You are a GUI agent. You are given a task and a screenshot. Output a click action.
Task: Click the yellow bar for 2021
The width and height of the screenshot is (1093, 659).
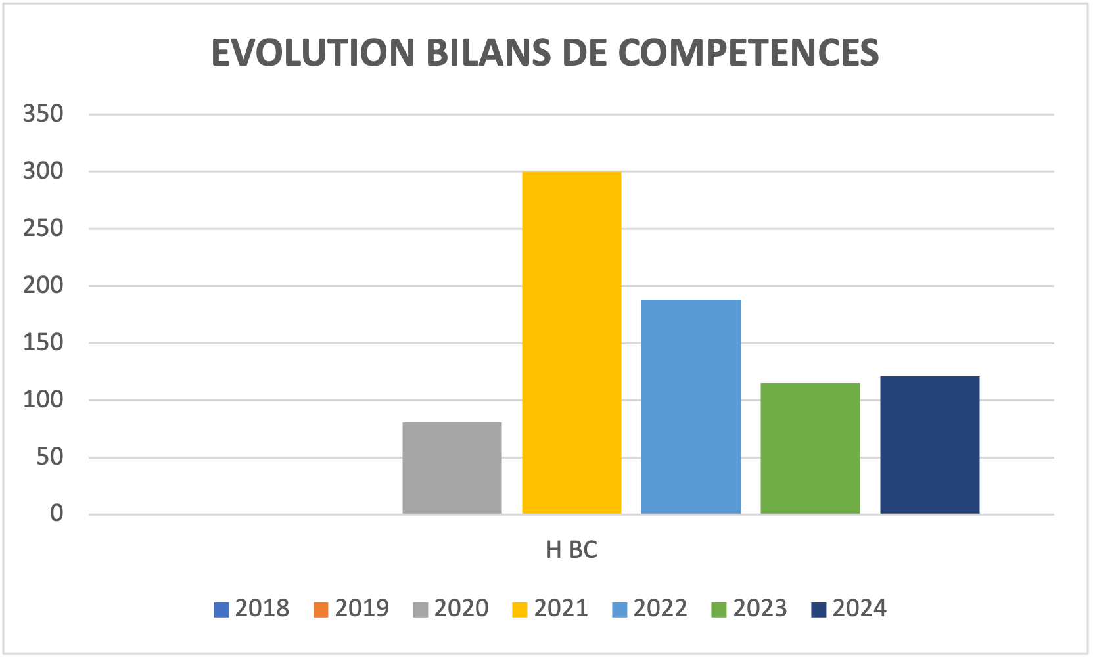tap(571, 342)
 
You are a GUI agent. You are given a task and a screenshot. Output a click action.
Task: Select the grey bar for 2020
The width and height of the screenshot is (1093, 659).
tap(452, 468)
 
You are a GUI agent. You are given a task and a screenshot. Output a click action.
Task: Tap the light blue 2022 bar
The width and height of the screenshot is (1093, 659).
tap(691, 406)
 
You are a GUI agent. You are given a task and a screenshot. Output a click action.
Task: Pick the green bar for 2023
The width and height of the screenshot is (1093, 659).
tap(810, 448)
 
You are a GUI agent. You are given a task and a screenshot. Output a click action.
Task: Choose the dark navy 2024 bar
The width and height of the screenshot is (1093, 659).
tap(929, 445)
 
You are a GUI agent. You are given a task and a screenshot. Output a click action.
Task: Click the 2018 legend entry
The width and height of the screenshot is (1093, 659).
tap(252, 608)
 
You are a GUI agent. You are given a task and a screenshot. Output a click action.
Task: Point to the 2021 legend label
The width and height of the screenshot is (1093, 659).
tap(561, 608)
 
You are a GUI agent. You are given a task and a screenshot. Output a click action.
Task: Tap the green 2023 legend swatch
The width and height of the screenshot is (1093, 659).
tap(718, 610)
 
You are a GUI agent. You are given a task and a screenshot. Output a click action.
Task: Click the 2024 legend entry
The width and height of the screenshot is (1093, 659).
tap(849, 608)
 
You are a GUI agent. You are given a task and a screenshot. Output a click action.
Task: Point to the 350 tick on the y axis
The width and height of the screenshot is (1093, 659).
tap(43, 114)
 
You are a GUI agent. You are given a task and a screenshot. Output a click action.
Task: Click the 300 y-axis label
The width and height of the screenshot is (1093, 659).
tap(43, 171)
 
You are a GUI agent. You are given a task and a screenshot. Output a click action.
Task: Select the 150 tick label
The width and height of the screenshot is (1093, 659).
tap(43, 342)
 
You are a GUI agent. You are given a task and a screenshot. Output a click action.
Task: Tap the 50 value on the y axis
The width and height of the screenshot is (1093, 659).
tap(50, 457)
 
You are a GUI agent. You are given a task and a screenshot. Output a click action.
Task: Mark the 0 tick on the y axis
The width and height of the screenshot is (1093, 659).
tap(57, 514)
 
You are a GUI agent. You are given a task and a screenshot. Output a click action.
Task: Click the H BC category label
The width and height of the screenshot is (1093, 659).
tap(571, 550)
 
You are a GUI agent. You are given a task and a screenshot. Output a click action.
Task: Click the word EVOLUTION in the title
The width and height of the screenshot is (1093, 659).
tap(313, 53)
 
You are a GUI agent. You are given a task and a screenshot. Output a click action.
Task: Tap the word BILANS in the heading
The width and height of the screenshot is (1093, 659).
tap(488, 53)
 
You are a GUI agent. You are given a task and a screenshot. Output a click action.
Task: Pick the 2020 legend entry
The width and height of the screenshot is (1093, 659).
tap(451, 608)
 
